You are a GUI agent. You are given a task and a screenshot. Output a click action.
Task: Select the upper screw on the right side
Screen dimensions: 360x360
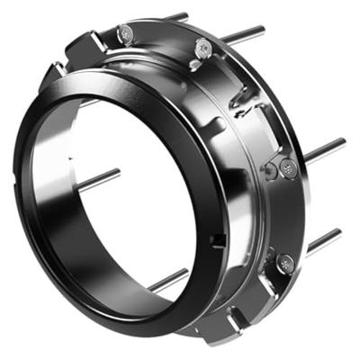coord(286,167)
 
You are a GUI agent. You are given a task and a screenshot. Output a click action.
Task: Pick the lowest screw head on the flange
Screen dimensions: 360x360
coord(285,264)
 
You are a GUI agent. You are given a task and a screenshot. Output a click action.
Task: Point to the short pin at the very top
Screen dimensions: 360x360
coord(177,17)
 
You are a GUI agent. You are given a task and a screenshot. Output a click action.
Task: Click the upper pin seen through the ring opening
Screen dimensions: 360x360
coord(99,178)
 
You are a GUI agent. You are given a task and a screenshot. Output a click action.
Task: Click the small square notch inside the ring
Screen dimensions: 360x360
coord(220,238)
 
